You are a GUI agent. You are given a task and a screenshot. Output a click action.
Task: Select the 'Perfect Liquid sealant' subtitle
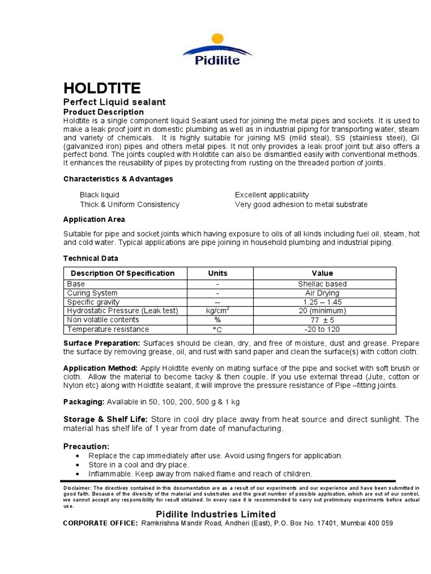pyautogui.click(x=114, y=102)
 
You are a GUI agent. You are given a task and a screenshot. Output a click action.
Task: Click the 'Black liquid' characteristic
pyautogui.click(x=99, y=195)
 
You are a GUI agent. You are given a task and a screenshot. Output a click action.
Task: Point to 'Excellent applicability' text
pyautogui.click(x=272, y=195)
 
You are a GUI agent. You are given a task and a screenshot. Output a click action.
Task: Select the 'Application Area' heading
pyautogui.click(x=94, y=219)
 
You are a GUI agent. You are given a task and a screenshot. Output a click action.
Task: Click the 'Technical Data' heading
pyautogui.click(x=90, y=258)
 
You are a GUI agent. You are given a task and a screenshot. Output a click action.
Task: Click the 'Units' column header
pyautogui.click(x=218, y=273)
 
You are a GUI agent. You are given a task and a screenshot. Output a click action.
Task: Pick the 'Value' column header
pyautogui.click(x=322, y=273)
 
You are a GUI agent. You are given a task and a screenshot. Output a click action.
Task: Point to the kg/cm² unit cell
pyautogui.click(x=218, y=311)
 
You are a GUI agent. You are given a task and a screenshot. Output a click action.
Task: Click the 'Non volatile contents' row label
pyautogui.click(x=103, y=320)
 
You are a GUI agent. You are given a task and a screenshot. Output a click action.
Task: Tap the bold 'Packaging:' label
pyautogui.click(x=84, y=402)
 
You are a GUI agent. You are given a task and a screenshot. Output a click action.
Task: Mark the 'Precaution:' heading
pyautogui.click(x=86, y=446)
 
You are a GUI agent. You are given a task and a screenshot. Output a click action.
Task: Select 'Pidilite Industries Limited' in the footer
pyautogui.click(x=215, y=514)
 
